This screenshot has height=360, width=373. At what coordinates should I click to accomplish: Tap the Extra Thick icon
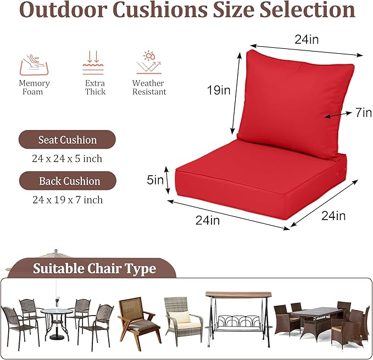93,63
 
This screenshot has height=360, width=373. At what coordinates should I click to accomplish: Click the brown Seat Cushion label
67,140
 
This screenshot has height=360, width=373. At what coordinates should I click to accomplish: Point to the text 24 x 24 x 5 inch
67,159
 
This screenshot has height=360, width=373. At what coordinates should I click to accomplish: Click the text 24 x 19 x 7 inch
68,200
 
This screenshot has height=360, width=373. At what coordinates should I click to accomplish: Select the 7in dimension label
363,113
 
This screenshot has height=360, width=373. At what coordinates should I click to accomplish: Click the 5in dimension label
155,179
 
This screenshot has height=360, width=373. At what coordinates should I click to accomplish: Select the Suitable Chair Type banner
94,269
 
